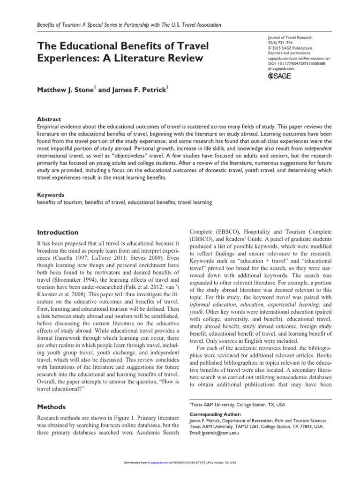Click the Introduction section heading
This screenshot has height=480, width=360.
[58, 232]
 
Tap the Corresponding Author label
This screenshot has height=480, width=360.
[215, 414]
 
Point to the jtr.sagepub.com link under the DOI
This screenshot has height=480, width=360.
[278, 68]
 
